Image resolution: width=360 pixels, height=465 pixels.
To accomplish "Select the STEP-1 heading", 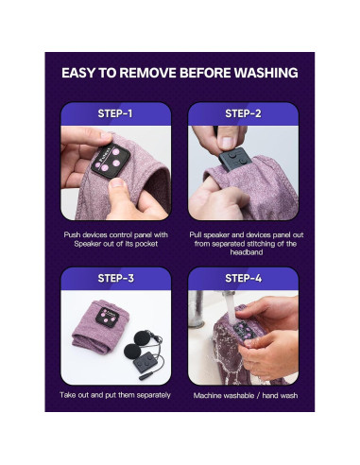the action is click(115, 113).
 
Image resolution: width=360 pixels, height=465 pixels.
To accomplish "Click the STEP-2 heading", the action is click(243, 113).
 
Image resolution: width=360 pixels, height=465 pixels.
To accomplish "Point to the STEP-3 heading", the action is click(115, 278).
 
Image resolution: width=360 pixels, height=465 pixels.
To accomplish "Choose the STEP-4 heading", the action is click(243, 278).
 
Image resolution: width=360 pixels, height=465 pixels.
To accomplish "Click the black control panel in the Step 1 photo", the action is click(111, 161).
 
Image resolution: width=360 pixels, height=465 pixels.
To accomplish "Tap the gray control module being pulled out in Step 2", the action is click(235, 160).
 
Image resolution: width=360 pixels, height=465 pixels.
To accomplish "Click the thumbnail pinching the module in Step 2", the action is click(228, 143).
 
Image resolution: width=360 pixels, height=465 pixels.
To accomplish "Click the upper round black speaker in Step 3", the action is click(143, 338).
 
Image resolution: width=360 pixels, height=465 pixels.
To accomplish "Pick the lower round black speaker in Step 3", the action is click(131, 351).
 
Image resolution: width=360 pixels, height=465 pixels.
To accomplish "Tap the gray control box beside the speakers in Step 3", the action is click(145, 363).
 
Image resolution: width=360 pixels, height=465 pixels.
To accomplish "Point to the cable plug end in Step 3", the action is click(146, 376).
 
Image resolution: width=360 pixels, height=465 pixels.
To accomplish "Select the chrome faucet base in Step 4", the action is click(197, 310).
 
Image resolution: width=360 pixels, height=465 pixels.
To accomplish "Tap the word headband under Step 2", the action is click(247, 252).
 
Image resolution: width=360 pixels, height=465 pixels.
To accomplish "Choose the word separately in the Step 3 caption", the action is click(154, 395).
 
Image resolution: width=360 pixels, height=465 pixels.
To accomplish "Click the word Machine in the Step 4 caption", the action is click(207, 395).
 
